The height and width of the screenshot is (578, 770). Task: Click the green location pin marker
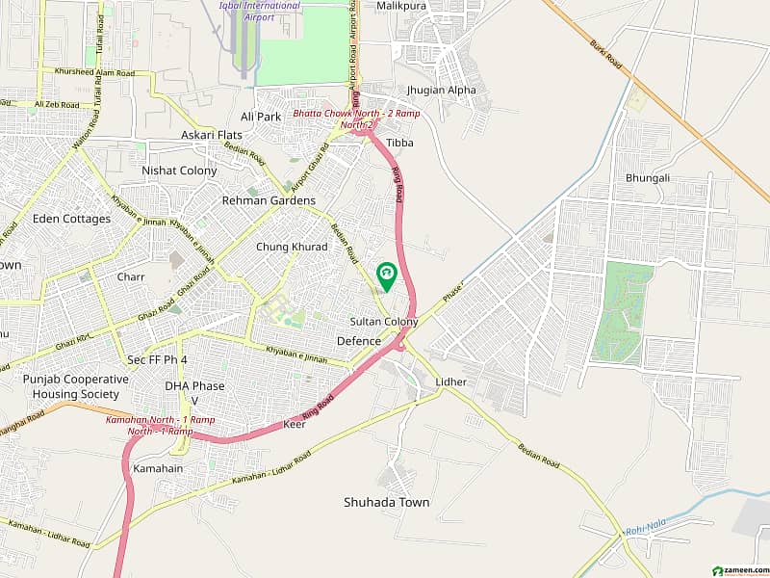[x=387, y=276]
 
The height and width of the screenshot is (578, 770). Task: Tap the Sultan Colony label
[x=383, y=322]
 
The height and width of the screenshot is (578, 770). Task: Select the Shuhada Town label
[x=387, y=502]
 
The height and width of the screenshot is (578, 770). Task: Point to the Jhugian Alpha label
[x=441, y=91]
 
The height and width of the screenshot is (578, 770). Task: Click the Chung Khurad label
[x=292, y=247]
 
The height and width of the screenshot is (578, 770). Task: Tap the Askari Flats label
[x=212, y=135]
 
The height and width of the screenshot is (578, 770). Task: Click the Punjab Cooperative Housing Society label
[x=75, y=386]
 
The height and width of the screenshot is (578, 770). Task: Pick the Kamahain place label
[x=159, y=468]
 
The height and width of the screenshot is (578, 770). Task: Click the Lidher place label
[x=450, y=381]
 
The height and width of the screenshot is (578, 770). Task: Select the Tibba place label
[x=399, y=143]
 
